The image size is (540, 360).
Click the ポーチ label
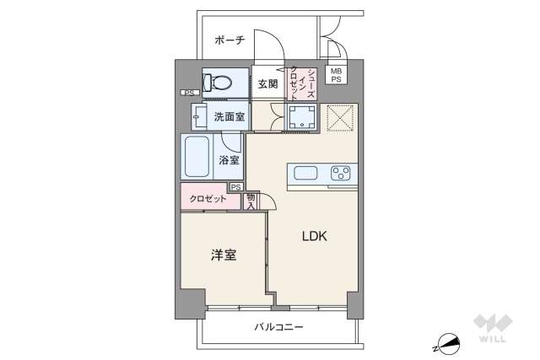[229, 40]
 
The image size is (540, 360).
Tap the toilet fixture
[222, 83]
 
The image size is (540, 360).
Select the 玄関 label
[267, 83]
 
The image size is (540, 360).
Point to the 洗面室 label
[229, 116]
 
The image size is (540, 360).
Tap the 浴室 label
[229, 160]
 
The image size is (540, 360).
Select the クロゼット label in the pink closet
[207, 199]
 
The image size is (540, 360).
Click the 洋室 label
[223, 253]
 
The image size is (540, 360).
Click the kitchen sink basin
[305, 175]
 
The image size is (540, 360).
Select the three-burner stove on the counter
[341, 175]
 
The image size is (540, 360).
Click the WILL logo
[493, 330]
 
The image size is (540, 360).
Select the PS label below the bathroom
[235, 187]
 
